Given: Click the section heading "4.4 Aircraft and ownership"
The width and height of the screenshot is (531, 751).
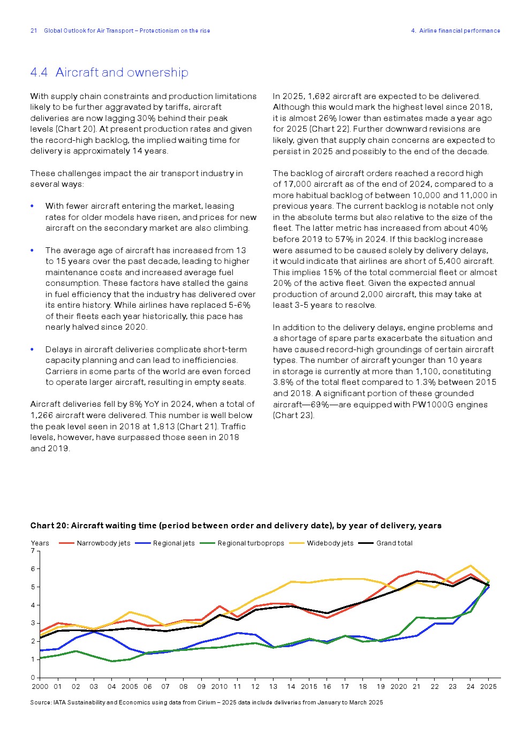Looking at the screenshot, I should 109,72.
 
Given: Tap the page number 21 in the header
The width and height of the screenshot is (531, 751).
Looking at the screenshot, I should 34,31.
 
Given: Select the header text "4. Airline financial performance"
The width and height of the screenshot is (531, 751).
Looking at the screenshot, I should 456,31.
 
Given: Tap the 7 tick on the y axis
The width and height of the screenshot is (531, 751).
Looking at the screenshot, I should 33,551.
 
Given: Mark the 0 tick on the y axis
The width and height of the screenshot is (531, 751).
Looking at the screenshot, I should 33,678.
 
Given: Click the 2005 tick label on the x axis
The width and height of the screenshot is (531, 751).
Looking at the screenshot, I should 130,686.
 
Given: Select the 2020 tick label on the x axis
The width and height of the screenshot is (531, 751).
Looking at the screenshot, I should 398,686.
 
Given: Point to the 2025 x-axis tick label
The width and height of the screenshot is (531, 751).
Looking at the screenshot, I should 488,686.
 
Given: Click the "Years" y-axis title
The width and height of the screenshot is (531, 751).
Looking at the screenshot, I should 40,543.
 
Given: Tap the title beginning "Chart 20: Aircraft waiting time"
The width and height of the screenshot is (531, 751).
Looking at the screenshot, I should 236,526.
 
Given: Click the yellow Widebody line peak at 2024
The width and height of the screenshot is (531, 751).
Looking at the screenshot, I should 471,566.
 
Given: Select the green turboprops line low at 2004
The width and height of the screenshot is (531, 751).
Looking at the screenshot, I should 112,661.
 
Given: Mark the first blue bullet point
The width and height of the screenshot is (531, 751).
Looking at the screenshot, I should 32,206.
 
